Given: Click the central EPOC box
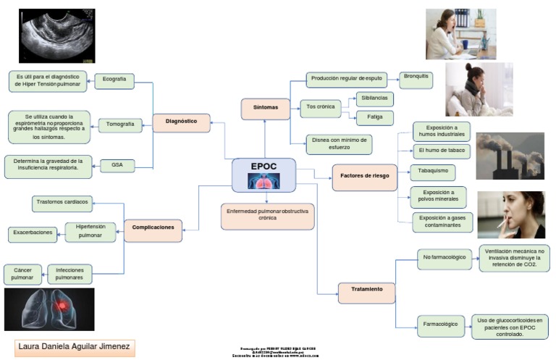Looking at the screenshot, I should point(264,175).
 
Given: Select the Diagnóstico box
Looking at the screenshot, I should point(181,122).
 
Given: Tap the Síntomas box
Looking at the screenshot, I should point(265,108).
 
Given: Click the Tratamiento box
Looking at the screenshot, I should point(366,290).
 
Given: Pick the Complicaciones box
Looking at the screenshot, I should point(153,228).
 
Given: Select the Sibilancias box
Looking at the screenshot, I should point(375,99).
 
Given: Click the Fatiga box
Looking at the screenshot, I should point(374,117).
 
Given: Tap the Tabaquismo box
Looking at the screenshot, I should point(432,172).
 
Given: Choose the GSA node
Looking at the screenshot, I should point(117,166).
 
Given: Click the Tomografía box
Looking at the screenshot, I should point(119,125).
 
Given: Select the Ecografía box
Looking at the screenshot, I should point(114,79).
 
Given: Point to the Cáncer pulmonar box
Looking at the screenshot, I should point(22,274).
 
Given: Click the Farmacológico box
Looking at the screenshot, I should point(441,325).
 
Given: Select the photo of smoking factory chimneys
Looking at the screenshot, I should point(510,156).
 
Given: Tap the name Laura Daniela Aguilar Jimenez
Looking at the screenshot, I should point(75,348).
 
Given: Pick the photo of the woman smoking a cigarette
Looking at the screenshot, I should point(510,215).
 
